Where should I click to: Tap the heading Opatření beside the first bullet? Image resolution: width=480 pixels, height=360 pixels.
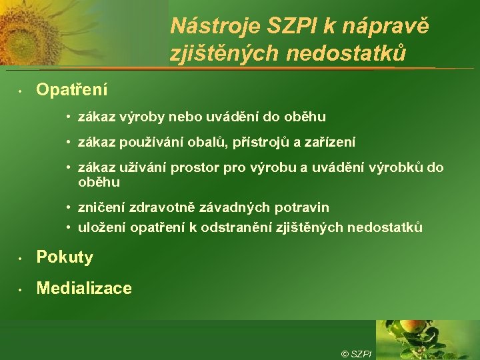coord(72,89)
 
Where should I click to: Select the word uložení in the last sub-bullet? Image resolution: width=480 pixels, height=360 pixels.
coord(101,227)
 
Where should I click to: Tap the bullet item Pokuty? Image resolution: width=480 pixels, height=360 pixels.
coord(65,257)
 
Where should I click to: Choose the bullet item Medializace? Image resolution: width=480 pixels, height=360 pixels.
coord(84,289)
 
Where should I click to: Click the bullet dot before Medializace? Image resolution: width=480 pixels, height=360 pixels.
coord(21,289)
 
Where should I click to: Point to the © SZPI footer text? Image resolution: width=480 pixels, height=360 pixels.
coord(357,353)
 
